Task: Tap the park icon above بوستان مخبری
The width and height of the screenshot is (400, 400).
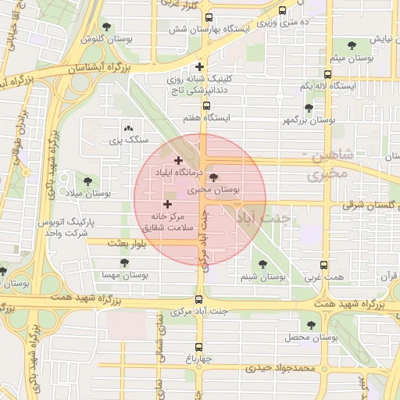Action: tap(215, 178)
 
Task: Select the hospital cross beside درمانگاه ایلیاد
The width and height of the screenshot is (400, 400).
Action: tap(178, 160)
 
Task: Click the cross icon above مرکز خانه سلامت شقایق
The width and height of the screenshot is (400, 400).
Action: tap(167, 204)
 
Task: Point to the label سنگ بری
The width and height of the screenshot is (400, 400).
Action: tap(127, 140)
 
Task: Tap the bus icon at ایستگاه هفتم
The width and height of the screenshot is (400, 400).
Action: tap(206, 106)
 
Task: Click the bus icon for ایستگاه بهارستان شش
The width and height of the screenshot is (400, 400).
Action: tap(208, 18)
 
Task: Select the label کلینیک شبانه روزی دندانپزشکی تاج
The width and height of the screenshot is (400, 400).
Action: tap(199, 84)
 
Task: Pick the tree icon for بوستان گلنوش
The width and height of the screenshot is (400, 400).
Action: tap(106, 27)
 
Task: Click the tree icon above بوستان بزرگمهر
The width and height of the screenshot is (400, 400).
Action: tap(309, 109)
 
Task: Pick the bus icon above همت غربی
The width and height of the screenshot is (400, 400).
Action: tap(323, 265)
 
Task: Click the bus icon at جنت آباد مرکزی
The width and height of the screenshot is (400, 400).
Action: tap(199, 298)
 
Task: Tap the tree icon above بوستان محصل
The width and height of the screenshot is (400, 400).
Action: tap(311, 325)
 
